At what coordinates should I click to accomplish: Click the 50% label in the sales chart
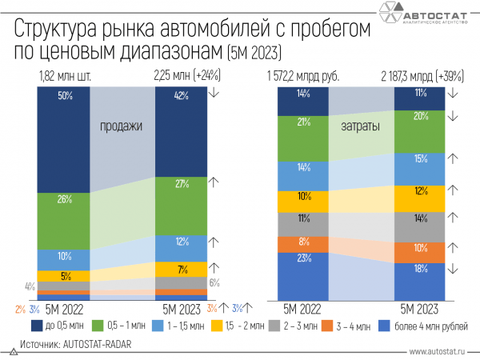point(65,96)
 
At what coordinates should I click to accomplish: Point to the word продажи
point(122,126)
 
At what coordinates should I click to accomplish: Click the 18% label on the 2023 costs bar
point(419,270)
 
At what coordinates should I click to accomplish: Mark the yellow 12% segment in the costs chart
point(419,192)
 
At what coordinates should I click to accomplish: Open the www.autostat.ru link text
point(441,350)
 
